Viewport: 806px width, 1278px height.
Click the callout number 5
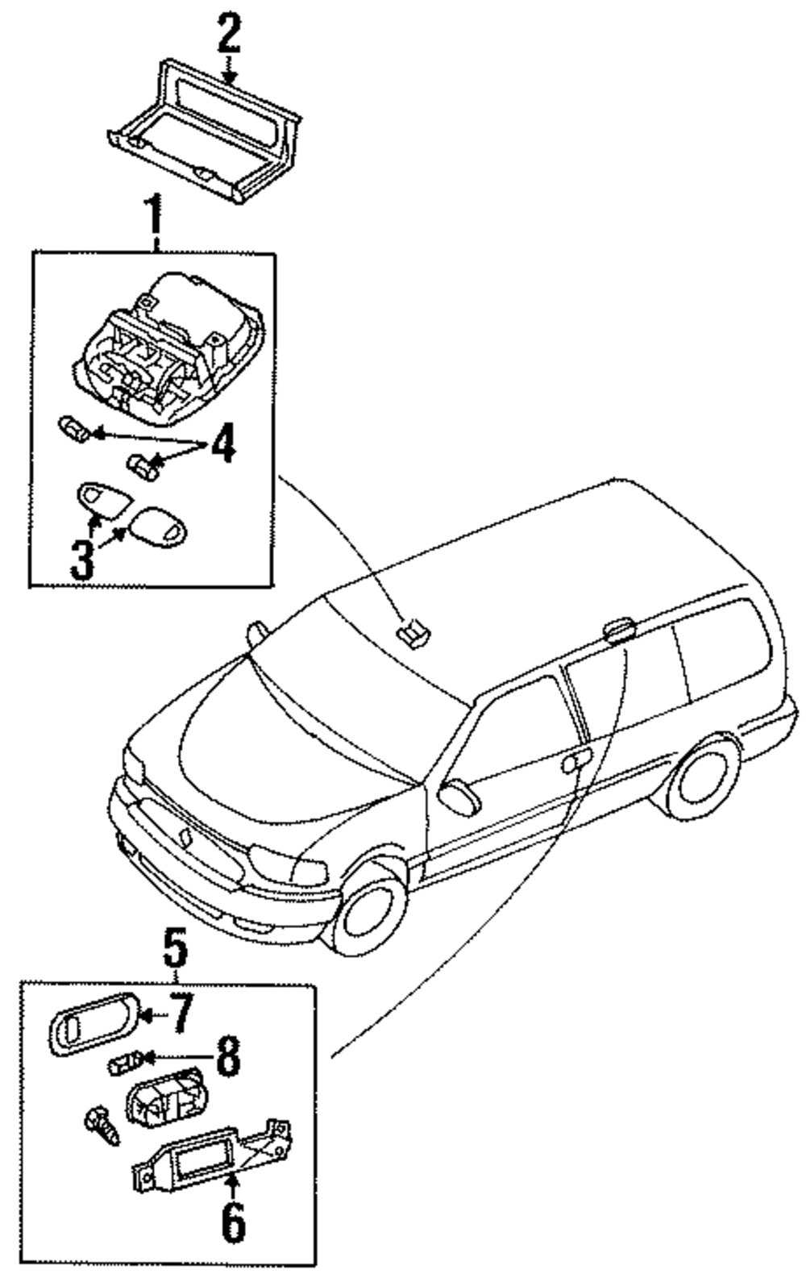176,949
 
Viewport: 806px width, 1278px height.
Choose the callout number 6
233,1222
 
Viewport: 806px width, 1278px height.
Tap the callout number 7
181,1013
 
